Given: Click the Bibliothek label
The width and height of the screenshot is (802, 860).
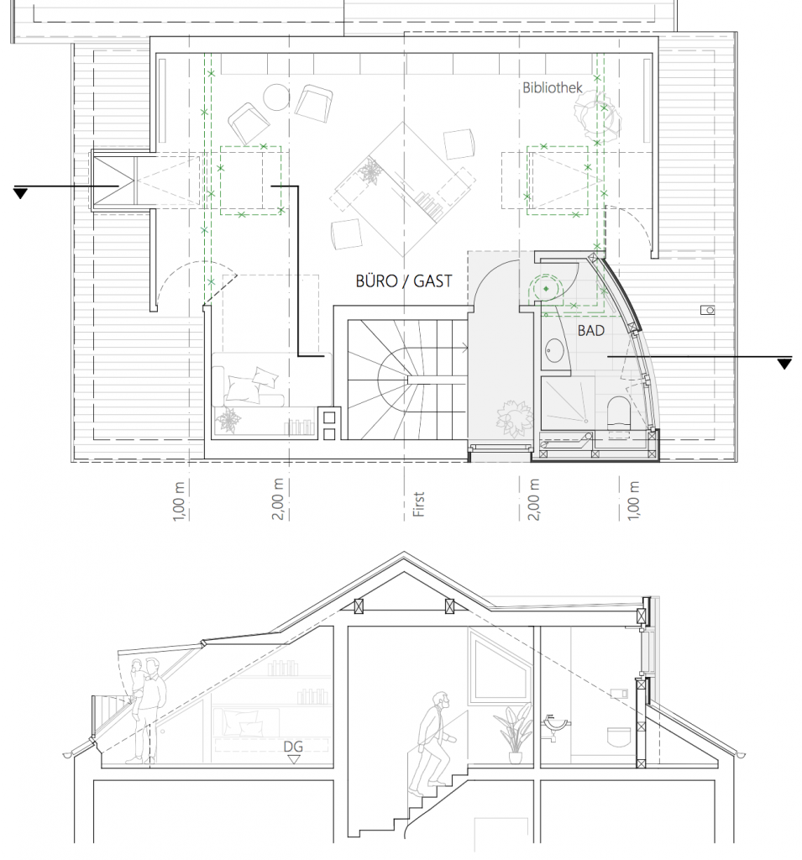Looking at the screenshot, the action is point(552,87).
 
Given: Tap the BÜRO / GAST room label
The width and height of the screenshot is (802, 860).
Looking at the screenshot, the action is point(404,281).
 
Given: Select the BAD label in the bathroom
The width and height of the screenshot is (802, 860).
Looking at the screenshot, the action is point(591,331).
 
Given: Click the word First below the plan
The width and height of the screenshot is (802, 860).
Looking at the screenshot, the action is point(418,504).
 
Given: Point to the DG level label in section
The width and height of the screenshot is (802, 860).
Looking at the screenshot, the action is point(293,747).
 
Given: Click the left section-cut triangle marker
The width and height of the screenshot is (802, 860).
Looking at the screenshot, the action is point(20,193).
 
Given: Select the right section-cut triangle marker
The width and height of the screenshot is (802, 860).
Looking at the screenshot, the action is point(785,364).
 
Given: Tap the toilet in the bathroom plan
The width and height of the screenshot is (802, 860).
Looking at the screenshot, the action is point(619,412).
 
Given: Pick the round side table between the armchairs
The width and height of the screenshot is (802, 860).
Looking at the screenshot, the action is point(276,97).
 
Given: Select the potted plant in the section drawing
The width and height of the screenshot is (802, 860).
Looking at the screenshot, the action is point(513,732).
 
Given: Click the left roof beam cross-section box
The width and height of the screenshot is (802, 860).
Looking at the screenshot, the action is point(359,606).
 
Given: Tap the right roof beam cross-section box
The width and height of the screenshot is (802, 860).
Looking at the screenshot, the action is point(450,606).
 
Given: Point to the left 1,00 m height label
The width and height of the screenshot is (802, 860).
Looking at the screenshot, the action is point(178,501).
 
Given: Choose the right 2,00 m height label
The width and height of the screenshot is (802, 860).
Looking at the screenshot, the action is point(534,500).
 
